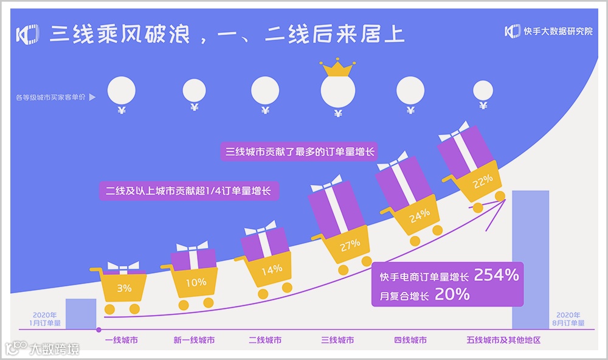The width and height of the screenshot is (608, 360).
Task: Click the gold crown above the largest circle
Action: point(338,67)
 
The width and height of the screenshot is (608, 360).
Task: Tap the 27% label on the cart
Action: point(350,244)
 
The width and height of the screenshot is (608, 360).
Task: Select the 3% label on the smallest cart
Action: point(124,288)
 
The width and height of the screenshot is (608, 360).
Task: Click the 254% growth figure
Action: point(496,275)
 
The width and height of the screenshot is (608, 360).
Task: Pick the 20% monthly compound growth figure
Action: point(452,295)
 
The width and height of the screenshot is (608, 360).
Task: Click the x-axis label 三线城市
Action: point(337,341)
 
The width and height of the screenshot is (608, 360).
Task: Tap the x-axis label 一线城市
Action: point(121,341)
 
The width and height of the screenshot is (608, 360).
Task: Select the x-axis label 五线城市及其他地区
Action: point(503,341)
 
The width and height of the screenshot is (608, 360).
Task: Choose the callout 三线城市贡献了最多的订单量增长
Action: point(298,151)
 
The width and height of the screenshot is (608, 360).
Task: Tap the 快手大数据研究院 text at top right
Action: point(558,31)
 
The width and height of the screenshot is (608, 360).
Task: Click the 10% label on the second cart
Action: point(196,282)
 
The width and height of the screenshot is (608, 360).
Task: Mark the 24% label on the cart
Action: point(420,214)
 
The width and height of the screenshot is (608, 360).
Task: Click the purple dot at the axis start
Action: point(99,330)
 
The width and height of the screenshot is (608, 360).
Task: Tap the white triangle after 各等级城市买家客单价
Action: point(92,97)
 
